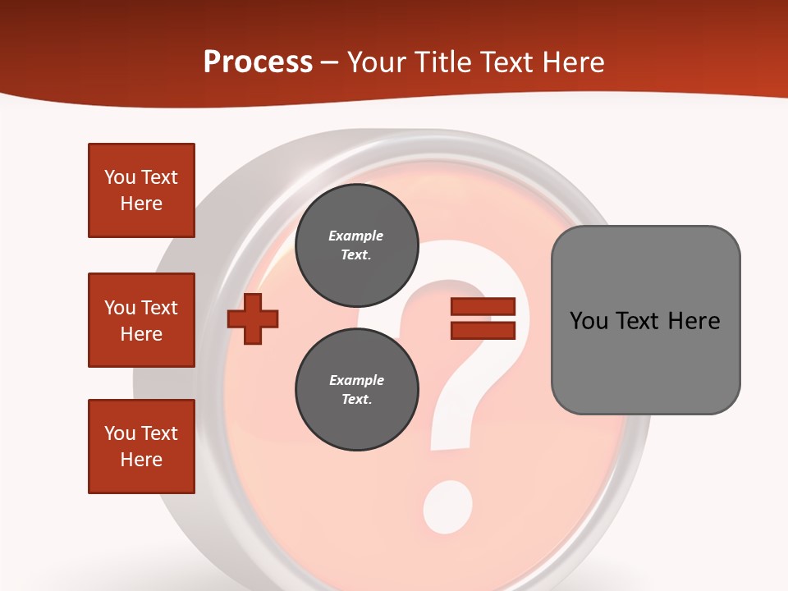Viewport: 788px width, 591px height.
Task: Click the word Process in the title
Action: coord(258,62)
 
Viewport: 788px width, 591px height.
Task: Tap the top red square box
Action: coord(141,190)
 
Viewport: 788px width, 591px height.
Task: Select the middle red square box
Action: coord(141,320)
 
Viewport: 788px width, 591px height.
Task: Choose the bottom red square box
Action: coord(141,446)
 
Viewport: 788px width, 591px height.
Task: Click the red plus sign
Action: coord(253,318)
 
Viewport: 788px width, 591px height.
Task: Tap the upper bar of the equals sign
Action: coord(483,307)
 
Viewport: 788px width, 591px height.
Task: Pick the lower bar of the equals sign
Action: coord(483,330)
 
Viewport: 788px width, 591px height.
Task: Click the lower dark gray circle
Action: coord(356,390)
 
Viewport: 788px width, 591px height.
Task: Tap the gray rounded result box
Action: coord(645,320)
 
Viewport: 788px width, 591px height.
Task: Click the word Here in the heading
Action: coord(572,62)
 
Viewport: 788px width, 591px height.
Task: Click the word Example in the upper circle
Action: coord(356,236)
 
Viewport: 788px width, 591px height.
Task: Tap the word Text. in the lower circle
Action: coord(356,400)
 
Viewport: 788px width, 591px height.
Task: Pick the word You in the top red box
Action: coord(120,177)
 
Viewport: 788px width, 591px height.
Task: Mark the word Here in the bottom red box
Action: coord(141,460)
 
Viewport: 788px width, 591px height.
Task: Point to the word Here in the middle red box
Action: coord(141,334)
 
